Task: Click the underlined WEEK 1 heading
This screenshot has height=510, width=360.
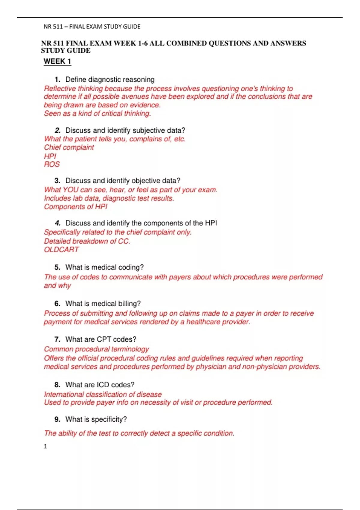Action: (57, 61)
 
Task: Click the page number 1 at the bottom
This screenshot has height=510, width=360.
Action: (45, 446)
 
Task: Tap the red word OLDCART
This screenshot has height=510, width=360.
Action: (61, 250)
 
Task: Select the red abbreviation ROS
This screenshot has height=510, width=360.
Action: (52, 164)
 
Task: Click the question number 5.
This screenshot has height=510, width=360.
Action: (57, 267)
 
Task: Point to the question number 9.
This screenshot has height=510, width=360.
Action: (57, 419)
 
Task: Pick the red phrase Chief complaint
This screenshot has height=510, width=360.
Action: (69, 147)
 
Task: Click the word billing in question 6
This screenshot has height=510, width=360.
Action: (129, 304)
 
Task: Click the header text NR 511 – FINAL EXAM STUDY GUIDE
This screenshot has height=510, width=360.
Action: (92, 27)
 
